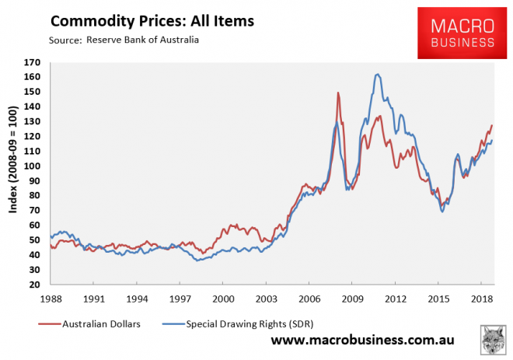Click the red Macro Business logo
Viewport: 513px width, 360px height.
(x=456, y=33)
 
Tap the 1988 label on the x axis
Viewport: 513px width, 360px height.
(x=51, y=299)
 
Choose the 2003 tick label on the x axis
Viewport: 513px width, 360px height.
(x=267, y=299)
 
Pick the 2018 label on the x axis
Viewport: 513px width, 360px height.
(x=482, y=299)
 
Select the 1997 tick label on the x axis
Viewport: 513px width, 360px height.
(x=180, y=299)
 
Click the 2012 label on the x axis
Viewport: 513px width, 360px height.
(x=396, y=299)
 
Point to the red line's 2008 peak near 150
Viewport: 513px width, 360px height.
(x=338, y=93)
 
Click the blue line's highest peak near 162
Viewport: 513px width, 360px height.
(x=377, y=75)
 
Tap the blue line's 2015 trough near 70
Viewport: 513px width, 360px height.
(x=442, y=211)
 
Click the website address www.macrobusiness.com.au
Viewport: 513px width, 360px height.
(x=362, y=341)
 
